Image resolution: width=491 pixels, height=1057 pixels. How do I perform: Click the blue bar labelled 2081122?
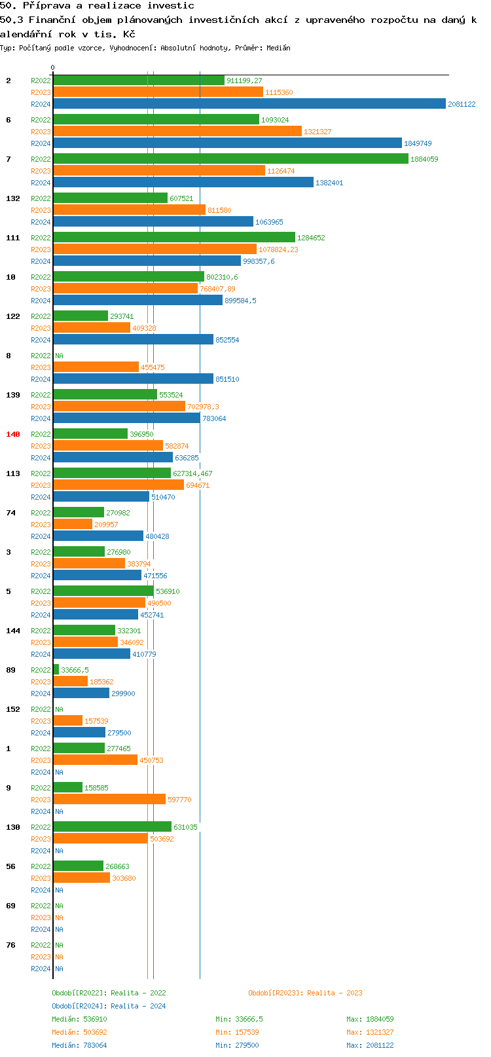(249, 103)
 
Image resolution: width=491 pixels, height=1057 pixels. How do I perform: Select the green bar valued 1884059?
(230, 158)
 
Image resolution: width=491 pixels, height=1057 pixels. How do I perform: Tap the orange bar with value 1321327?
(177, 131)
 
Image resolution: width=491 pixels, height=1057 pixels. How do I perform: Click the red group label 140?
(13, 434)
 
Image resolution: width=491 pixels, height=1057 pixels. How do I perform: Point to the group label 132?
(13, 198)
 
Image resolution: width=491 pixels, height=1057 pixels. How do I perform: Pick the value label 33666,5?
(75, 670)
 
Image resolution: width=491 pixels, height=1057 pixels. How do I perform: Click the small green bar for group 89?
(56, 669)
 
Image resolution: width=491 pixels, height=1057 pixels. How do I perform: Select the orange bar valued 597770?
(109, 799)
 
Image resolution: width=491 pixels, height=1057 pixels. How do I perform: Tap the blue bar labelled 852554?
(133, 339)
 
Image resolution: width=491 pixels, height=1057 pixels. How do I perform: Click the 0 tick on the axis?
(53, 68)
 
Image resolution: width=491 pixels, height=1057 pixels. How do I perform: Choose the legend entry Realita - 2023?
(305, 993)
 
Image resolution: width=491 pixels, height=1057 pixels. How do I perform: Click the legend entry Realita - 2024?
(109, 1006)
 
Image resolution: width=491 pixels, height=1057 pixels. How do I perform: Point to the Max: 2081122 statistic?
(370, 1045)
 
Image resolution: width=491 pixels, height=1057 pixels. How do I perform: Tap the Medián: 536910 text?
(79, 1019)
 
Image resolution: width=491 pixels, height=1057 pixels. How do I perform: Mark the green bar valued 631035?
(112, 826)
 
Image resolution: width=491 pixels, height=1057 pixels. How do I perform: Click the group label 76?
(10, 945)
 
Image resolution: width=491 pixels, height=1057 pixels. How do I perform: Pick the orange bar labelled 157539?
(67, 720)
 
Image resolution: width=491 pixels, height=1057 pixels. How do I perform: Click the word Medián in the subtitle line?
(279, 48)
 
